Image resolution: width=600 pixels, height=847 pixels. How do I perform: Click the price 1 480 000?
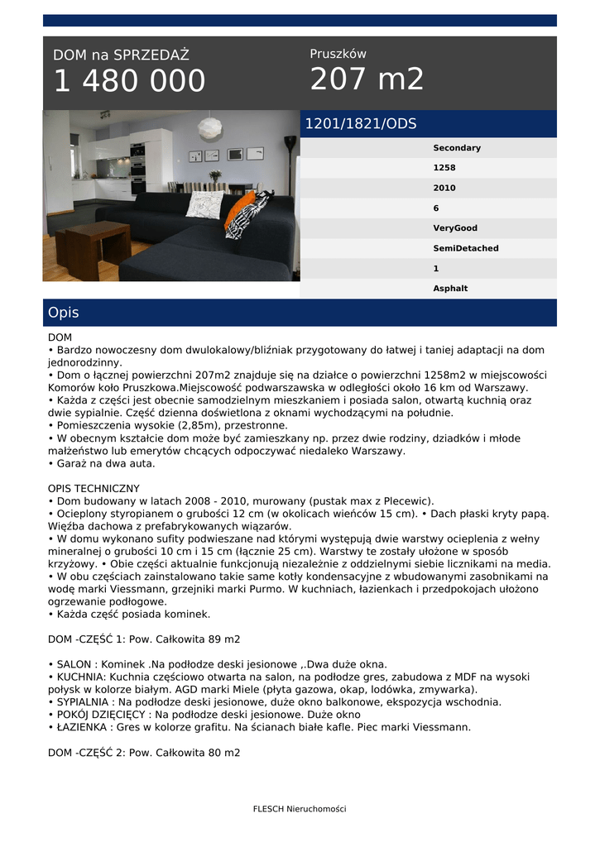pyautogui.click(x=129, y=81)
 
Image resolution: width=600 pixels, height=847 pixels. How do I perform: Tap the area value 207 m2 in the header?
pyautogui.click(x=367, y=79)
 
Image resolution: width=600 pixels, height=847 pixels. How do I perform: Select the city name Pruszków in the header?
pyautogui.click(x=338, y=54)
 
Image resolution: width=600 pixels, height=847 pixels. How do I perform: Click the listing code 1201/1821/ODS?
pyautogui.click(x=361, y=124)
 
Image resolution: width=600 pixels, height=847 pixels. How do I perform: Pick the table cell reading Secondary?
pyautogui.click(x=456, y=148)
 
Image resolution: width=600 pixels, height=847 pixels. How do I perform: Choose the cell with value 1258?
pyautogui.click(x=444, y=168)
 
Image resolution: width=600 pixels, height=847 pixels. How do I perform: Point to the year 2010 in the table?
pyautogui.click(x=444, y=188)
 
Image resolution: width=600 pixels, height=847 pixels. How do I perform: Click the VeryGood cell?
pyautogui.click(x=454, y=228)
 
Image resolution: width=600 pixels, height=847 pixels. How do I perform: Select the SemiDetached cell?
pyautogui.click(x=465, y=248)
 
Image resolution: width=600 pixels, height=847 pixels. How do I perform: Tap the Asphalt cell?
pyautogui.click(x=450, y=289)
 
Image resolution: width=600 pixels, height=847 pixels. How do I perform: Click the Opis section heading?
pyautogui.click(x=64, y=313)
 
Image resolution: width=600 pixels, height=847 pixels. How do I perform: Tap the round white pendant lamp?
pyautogui.click(x=209, y=128)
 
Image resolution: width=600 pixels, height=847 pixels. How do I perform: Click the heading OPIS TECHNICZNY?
pyautogui.click(x=94, y=488)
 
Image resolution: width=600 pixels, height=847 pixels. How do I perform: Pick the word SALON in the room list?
pyautogui.click(x=74, y=664)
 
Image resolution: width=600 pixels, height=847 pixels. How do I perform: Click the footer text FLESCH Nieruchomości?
pyautogui.click(x=300, y=809)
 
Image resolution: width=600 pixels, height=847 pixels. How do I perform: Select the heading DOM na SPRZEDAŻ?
pyautogui.click(x=121, y=55)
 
